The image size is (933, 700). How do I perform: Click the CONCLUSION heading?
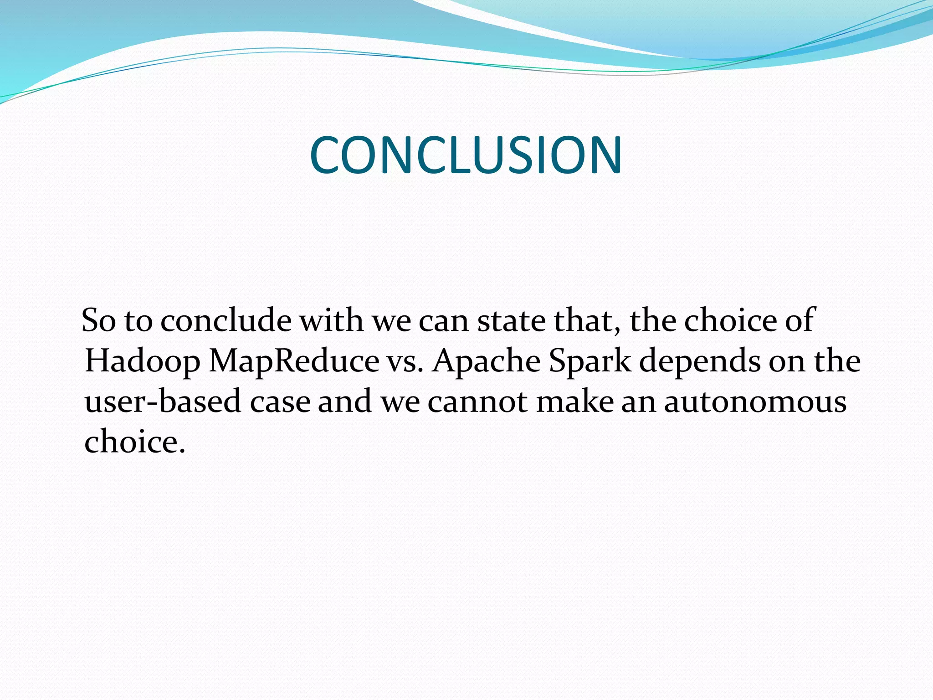coord(466,155)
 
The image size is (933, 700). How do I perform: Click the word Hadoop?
coord(142,361)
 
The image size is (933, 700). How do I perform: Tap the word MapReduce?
coord(294,361)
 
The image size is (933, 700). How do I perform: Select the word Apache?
coord(486,361)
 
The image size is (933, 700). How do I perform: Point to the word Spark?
coord(590,361)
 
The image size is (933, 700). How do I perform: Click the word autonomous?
coord(755,402)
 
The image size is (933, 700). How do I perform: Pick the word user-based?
coord(163,402)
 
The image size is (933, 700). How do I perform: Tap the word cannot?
coord(477,402)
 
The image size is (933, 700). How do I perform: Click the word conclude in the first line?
coord(226,320)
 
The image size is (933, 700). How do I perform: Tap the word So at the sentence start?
coord(98,320)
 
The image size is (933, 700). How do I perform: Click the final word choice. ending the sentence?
coord(135,442)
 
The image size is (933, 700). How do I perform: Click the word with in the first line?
coord(331,320)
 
